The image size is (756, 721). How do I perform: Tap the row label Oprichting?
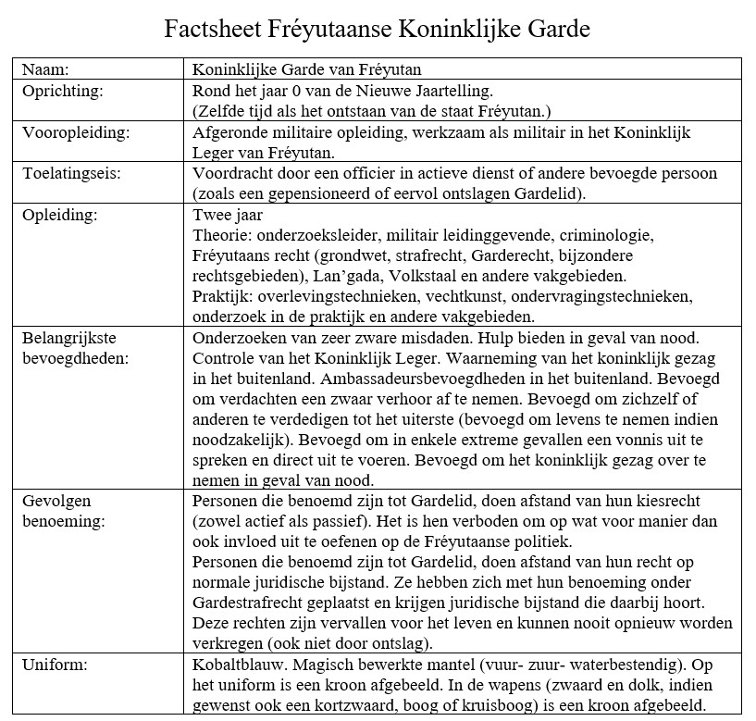(62, 93)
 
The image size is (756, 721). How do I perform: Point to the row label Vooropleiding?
(76, 132)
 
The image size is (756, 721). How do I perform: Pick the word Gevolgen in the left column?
(55, 500)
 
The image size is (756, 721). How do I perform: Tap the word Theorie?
(222, 234)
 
